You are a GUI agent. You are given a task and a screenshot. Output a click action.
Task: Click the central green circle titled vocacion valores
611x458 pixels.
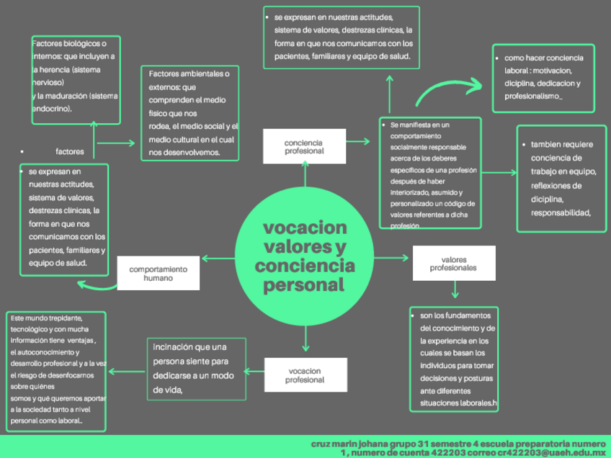(x=305, y=256)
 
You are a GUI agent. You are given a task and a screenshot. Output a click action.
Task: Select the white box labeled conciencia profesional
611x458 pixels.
(x=304, y=147)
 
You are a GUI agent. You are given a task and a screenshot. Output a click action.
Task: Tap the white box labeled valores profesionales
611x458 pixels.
(x=453, y=263)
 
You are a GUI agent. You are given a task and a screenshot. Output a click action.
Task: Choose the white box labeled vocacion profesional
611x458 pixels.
(x=305, y=375)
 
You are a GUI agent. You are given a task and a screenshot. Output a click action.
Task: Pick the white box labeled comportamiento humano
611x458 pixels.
(x=158, y=273)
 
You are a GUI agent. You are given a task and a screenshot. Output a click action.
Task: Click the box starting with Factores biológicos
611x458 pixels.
(x=75, y=81)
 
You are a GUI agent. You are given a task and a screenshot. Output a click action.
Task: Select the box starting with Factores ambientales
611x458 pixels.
(x=189, y=113)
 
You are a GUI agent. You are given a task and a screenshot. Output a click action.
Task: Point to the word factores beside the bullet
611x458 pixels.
(x=70, y=152)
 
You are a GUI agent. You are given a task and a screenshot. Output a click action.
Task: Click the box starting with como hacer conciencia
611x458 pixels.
(x=543, y=77)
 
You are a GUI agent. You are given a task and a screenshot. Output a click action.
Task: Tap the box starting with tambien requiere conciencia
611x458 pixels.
(x=563, y=179)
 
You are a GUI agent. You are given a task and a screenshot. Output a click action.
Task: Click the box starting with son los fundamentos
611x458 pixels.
(x=453, y=359)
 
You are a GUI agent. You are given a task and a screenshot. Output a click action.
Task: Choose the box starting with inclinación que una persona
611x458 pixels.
(x=196, y=369)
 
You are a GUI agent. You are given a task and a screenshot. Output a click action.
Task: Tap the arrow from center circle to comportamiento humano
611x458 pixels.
(x=219, y=258)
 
